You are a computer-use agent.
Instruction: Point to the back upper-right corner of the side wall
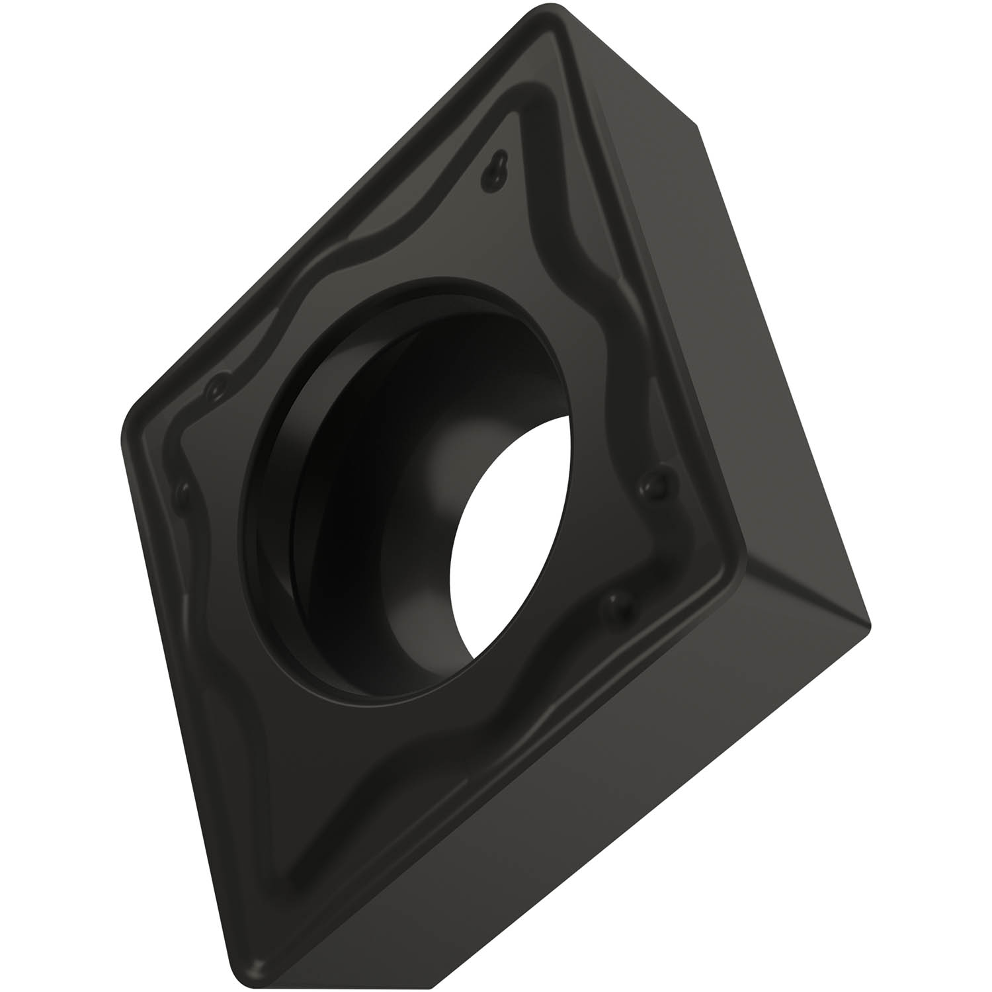coord(698,126)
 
